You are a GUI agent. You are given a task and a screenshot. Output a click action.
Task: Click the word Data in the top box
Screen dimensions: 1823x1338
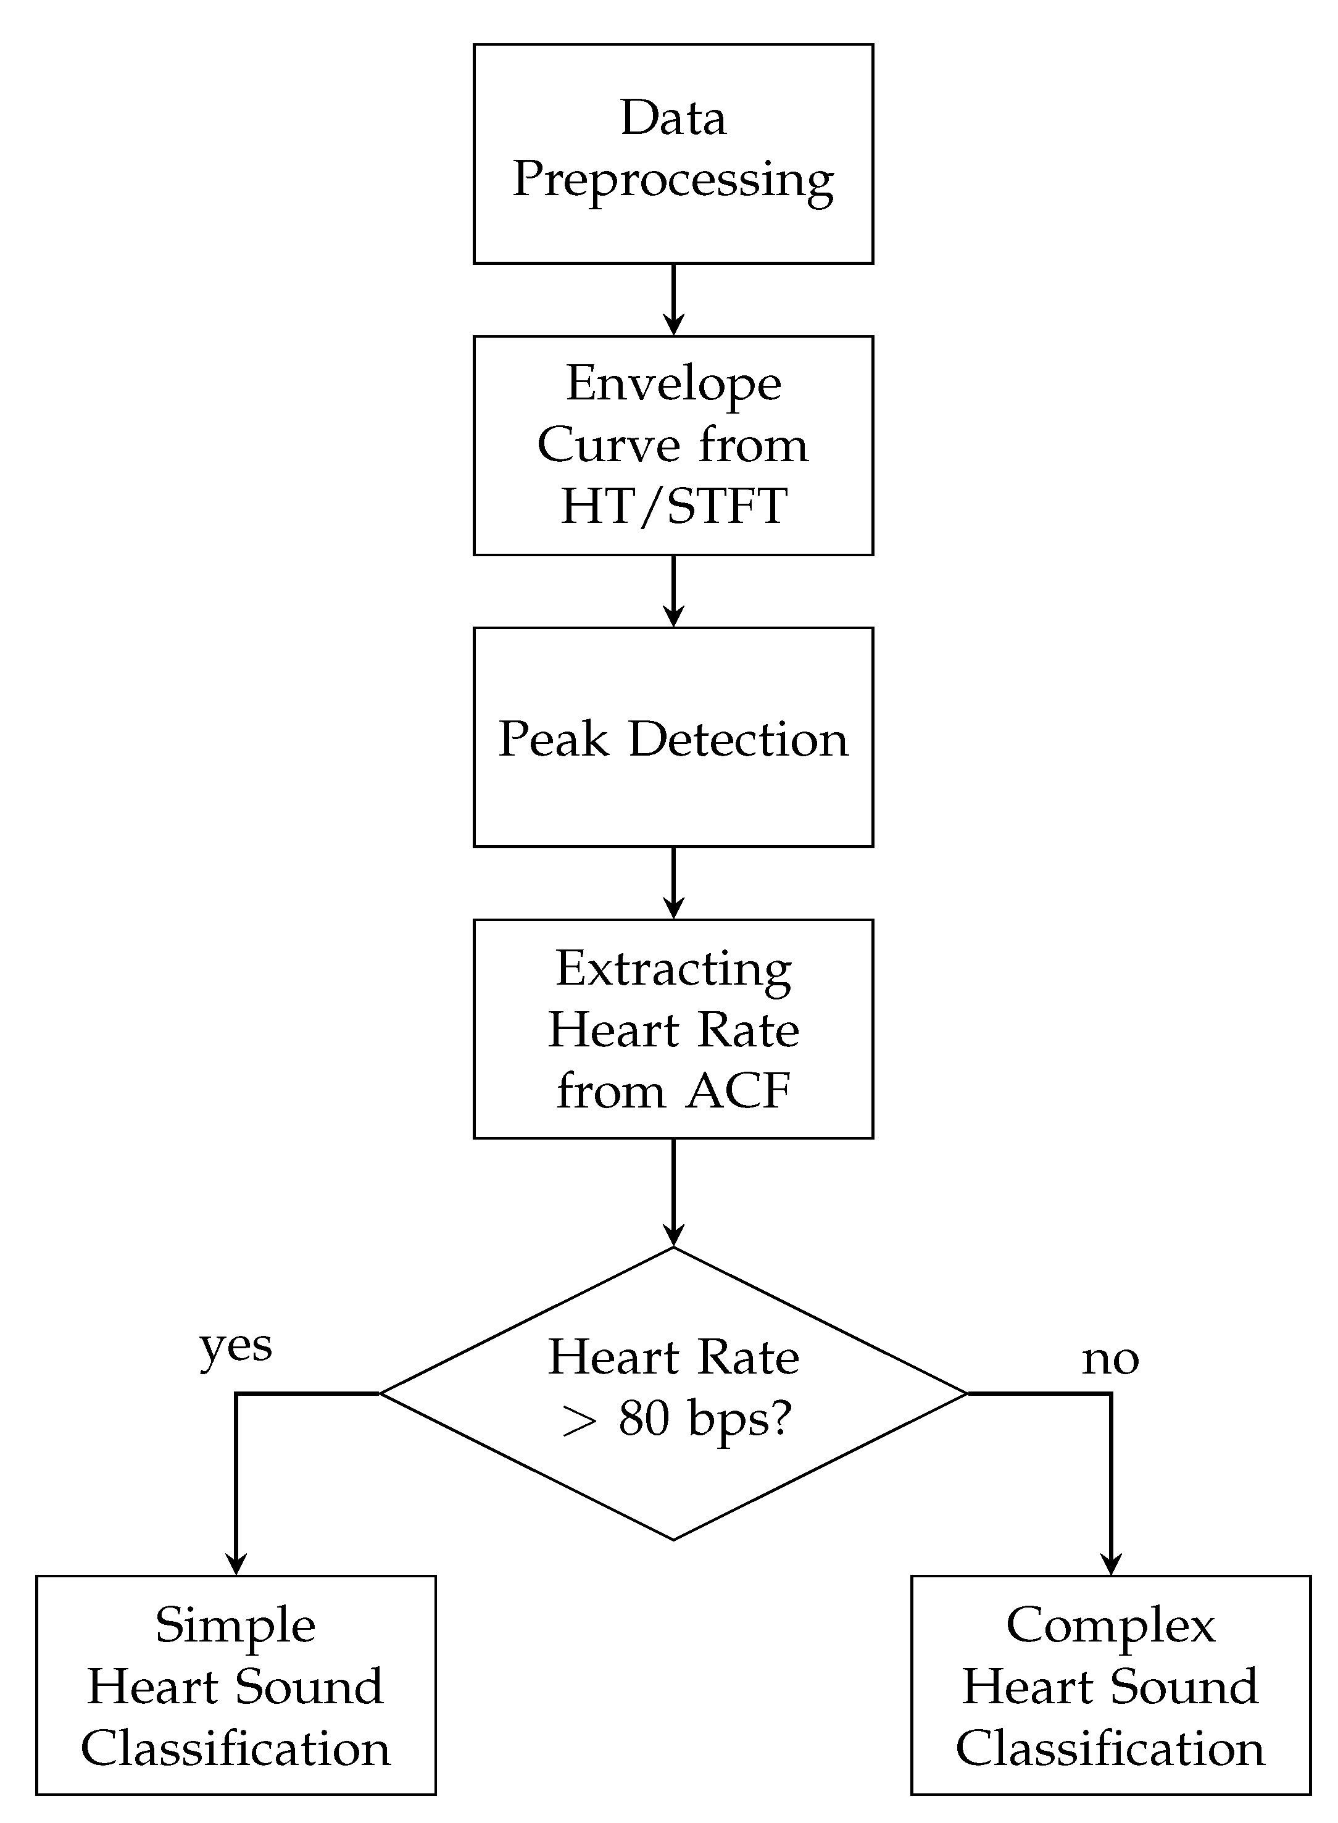[x=673, y=119]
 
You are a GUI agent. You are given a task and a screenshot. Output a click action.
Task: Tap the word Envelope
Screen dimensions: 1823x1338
[x=673, y=383]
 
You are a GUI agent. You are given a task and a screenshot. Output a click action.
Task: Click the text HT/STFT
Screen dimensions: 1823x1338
[x=673, y=506]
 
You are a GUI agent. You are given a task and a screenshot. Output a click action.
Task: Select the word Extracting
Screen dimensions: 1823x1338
[x=673, y=969]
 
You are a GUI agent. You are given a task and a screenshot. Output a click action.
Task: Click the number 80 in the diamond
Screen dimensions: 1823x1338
[x=644, y=1419]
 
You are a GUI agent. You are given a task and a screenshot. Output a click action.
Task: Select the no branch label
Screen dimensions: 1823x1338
[x=1110, y=1359]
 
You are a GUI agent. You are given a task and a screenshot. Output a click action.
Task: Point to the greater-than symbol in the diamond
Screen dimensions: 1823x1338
[x=578, y=1422]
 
